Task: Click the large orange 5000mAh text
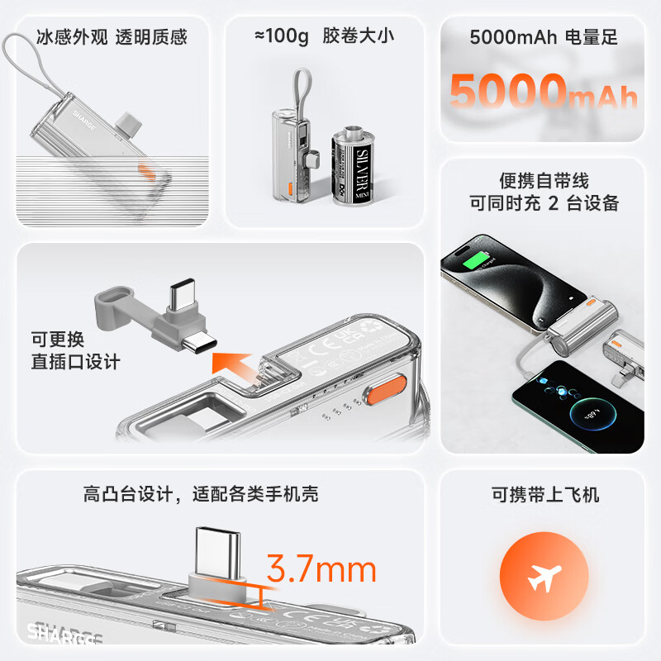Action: point(543,91)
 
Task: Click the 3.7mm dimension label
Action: point(321,569)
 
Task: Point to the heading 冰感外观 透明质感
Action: point(112,37)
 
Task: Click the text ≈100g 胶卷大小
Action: point(324,37)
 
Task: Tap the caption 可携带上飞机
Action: point(544,495)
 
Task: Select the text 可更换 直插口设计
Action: point(75,350)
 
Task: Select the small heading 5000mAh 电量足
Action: point(543,37)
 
